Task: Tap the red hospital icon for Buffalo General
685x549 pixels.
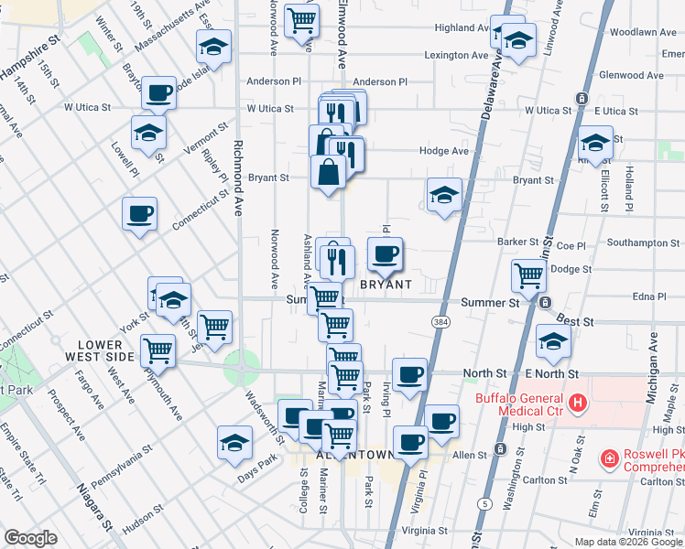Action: [x=578, y=402]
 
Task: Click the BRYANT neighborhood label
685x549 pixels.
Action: [x=386, y=285]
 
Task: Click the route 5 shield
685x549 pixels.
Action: [x=483, y=503]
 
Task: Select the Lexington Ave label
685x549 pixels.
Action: [x=455, y=55]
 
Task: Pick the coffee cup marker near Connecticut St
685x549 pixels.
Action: [x=139, y=214]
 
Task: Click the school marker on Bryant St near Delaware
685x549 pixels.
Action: [x=444, y=195]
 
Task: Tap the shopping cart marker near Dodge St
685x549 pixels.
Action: [x=528, y=274]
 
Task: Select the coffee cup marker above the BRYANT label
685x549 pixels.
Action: [x=385, y=253]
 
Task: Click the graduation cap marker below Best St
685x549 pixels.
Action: [x=553, y=340]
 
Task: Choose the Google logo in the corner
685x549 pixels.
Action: [x=30, y=538]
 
